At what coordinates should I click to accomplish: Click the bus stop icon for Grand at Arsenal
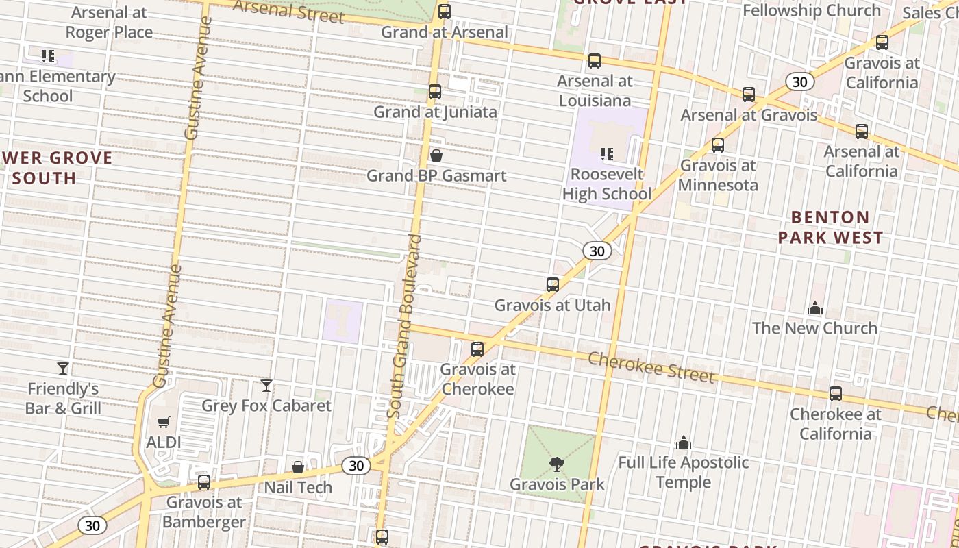(x=445, y=12)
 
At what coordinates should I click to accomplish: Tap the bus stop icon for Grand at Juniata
(x=435, y=92)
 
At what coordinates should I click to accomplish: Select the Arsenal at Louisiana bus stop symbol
(x=595, y=61)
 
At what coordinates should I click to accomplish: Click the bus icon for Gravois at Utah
(x=553, y=285)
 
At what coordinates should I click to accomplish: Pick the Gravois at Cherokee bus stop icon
(x=477, y=349)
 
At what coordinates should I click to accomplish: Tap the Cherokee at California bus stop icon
(x=836, y=394)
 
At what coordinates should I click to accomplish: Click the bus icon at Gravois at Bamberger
(x=204, y=482)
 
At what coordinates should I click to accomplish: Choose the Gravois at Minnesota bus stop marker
(x=718, y=145)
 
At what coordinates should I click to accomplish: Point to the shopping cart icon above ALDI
(x=164, y=423)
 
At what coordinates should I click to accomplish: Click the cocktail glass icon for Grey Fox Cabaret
(x=266, y=386)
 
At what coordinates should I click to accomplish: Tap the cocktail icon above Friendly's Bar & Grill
(x=63, y=369)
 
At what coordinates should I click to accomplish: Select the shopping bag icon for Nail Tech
(x=298, y=468)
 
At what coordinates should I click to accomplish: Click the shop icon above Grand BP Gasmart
(x=436, y=156)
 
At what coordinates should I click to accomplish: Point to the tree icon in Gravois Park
(x=557, y=464)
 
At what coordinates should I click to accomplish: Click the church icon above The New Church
(x=815, y=308)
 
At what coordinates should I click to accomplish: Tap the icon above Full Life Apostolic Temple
(x=684, y=443)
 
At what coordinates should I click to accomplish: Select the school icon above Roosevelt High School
(x=606, y=154)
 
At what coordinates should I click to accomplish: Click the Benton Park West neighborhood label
(x=830, y=227)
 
